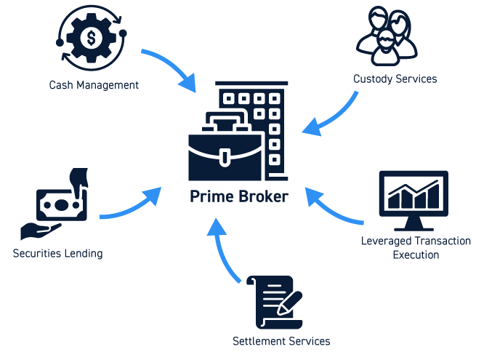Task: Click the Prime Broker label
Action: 238,197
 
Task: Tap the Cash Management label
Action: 94,85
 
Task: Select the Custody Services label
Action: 395,79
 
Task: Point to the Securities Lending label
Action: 58,254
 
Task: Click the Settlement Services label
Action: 281,341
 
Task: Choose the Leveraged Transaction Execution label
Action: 416,247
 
